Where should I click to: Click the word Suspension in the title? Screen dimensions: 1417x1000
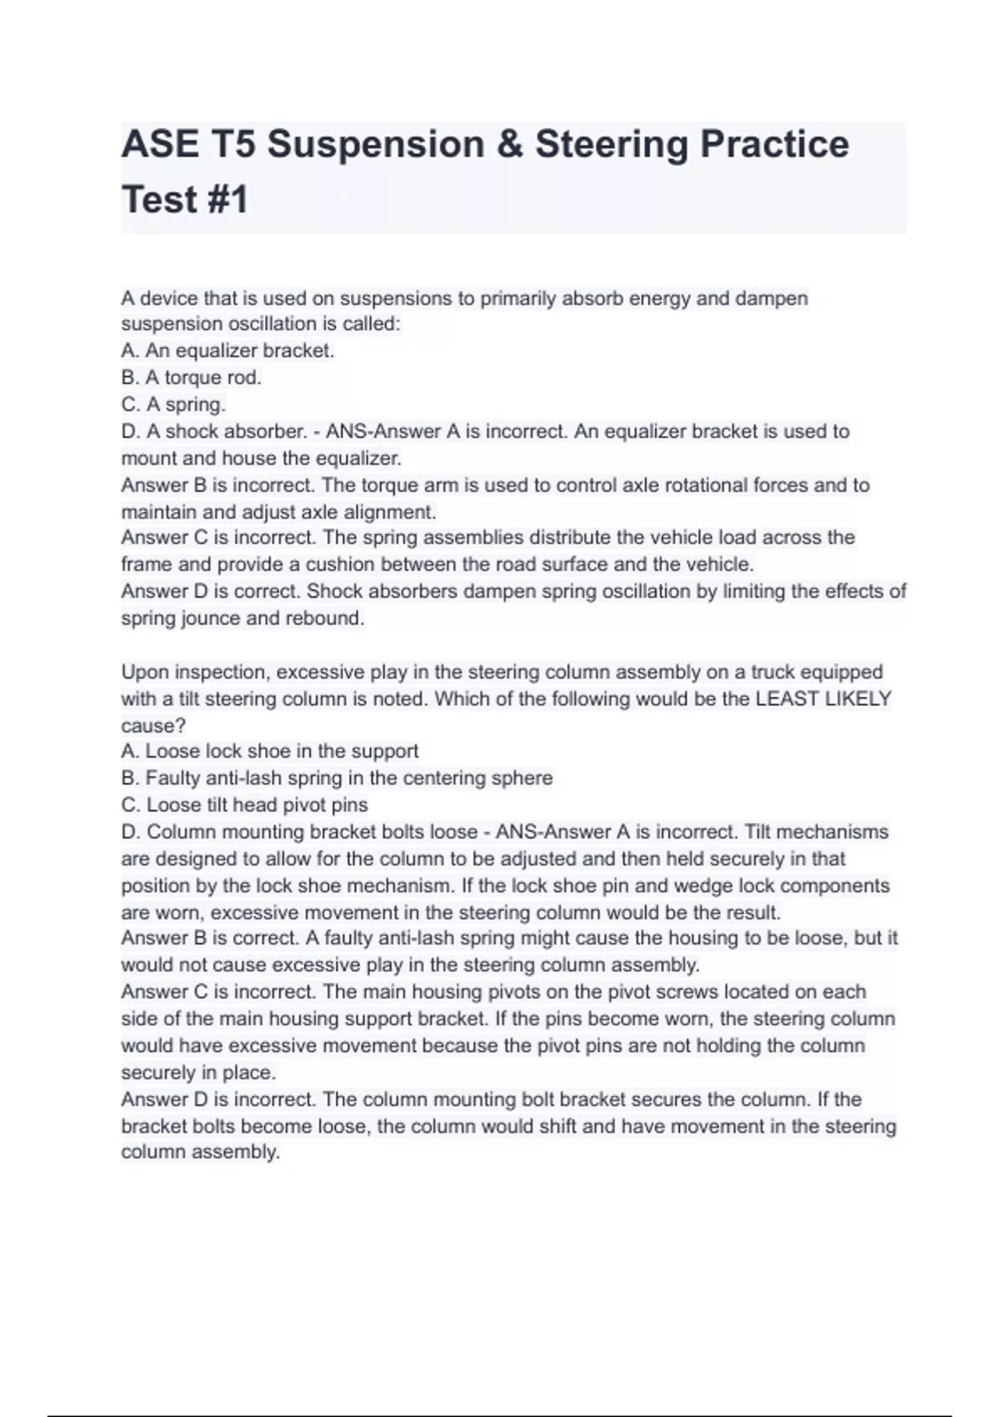tap(376, 144)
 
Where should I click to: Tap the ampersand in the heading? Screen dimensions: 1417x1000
tap(509, 144)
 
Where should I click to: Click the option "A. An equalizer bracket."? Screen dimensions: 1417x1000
tap(227, 351)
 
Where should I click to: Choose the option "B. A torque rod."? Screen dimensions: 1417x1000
tap(191, 378)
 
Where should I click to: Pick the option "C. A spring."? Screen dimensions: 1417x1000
tap(173, 404)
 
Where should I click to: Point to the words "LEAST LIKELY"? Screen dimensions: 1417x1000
tap(822, 698)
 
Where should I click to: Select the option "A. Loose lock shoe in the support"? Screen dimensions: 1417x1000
tap(269, 751)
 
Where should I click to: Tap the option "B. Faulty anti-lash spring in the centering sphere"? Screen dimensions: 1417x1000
tap(337, 778)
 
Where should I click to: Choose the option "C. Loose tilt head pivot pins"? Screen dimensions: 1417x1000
tap(244, 805)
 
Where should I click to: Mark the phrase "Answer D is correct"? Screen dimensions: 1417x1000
tap(208, 592)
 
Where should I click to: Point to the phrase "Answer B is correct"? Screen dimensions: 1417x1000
tap(208, 939)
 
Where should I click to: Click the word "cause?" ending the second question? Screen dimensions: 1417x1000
tap(153, 725)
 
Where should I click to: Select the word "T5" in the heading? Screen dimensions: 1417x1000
tap(232, 144)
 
